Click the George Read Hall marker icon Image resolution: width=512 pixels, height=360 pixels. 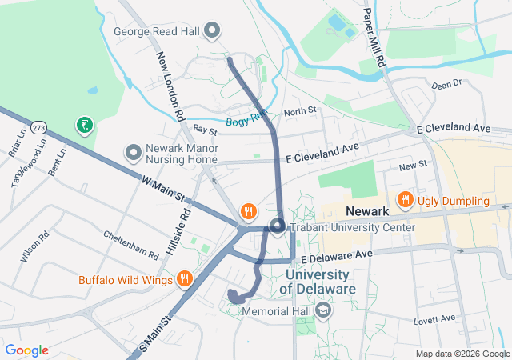[x=212, y=32]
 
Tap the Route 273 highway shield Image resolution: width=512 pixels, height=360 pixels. [x=38, y=128]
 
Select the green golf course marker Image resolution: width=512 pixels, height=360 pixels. [x=84, y=125]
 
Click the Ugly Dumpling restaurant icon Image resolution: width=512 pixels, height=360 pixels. [x=405, y=200]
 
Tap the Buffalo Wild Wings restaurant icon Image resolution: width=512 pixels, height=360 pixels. [x=185, y=279]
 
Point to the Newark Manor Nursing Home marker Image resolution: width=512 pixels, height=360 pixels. [x=133, y=152]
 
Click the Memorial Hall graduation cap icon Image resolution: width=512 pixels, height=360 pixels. [x=322, y=310]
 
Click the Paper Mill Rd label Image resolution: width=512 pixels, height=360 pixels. [x=374, y=36]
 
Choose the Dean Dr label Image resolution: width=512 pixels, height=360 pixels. [x=446, y=83]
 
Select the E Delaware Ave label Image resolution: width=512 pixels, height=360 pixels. [x=337, y=254]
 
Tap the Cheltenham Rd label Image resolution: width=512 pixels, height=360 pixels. [x=131, y=244]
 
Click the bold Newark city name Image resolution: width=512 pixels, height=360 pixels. [x=366, y=211]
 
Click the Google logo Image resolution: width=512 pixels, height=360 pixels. [x=27, y=350]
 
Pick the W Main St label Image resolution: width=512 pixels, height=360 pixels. [x=163, y=189]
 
